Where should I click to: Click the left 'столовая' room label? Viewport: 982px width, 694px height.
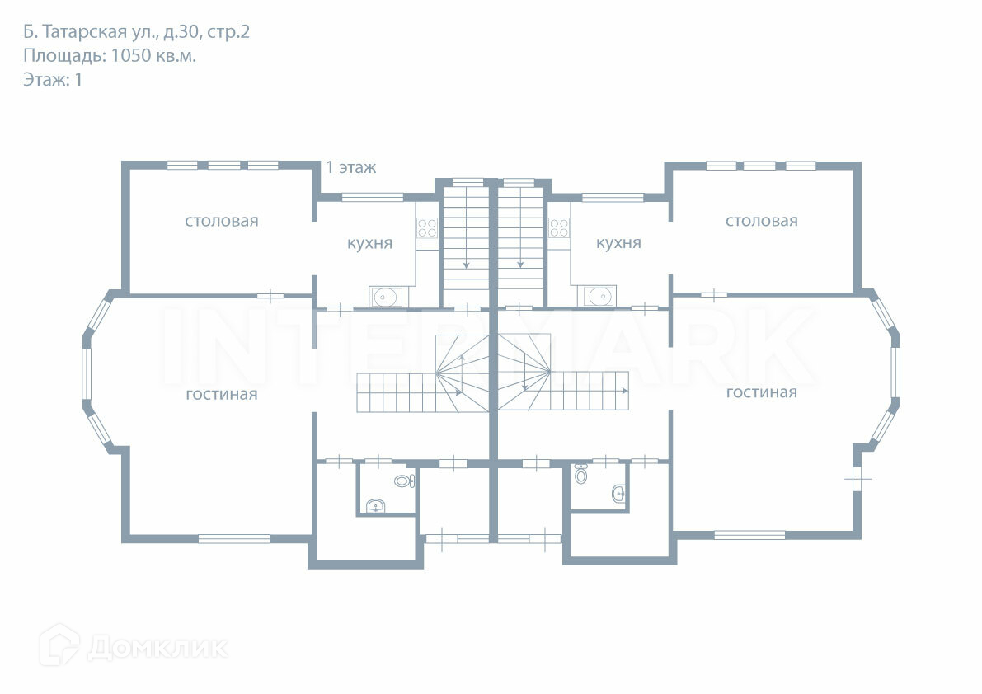(221, 221)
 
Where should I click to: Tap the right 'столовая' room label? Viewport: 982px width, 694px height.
(761, 221)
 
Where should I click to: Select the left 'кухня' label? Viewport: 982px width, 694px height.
(369, 244)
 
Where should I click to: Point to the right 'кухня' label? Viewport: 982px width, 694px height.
(618, 244)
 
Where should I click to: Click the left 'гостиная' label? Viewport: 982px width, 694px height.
(221, 395)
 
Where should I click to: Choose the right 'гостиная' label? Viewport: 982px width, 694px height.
(761, 392)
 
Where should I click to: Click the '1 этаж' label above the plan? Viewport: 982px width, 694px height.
(351, 168)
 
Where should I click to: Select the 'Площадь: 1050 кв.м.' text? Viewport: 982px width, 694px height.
(110, 56)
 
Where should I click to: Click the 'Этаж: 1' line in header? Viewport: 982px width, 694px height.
(53, 80)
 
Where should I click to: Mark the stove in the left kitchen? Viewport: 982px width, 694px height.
(426, 227)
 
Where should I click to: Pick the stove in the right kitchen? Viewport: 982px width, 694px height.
(560, 227)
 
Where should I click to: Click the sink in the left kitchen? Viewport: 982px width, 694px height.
(385, 296)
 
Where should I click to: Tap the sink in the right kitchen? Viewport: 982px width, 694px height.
(600, 295)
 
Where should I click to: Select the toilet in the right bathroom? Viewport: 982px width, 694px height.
(581, 475)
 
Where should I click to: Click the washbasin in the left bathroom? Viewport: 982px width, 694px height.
(376, 506)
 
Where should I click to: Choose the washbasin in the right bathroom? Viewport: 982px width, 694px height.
(618, 494)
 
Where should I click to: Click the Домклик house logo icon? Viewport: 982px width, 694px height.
(59, 645)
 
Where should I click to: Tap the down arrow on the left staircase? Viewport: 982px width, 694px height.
(467, 264)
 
